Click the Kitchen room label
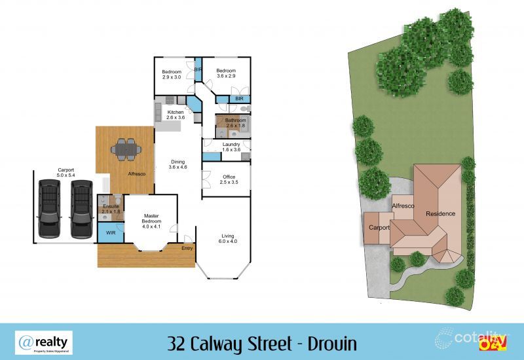point(176,115)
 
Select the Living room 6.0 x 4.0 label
point(227,238)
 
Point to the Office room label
point(228,179)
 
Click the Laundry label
point(231,147)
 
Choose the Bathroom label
point(234,122)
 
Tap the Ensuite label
point(109,209)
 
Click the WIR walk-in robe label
point(111,232)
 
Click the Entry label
point(187,247)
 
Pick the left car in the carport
point(49,208)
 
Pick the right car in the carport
point(81,208)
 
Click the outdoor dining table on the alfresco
point(124,149)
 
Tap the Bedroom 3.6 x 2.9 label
point(226,74)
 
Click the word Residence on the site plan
point(440,214)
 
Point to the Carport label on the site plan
point(379,228)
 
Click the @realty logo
point(44,342)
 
